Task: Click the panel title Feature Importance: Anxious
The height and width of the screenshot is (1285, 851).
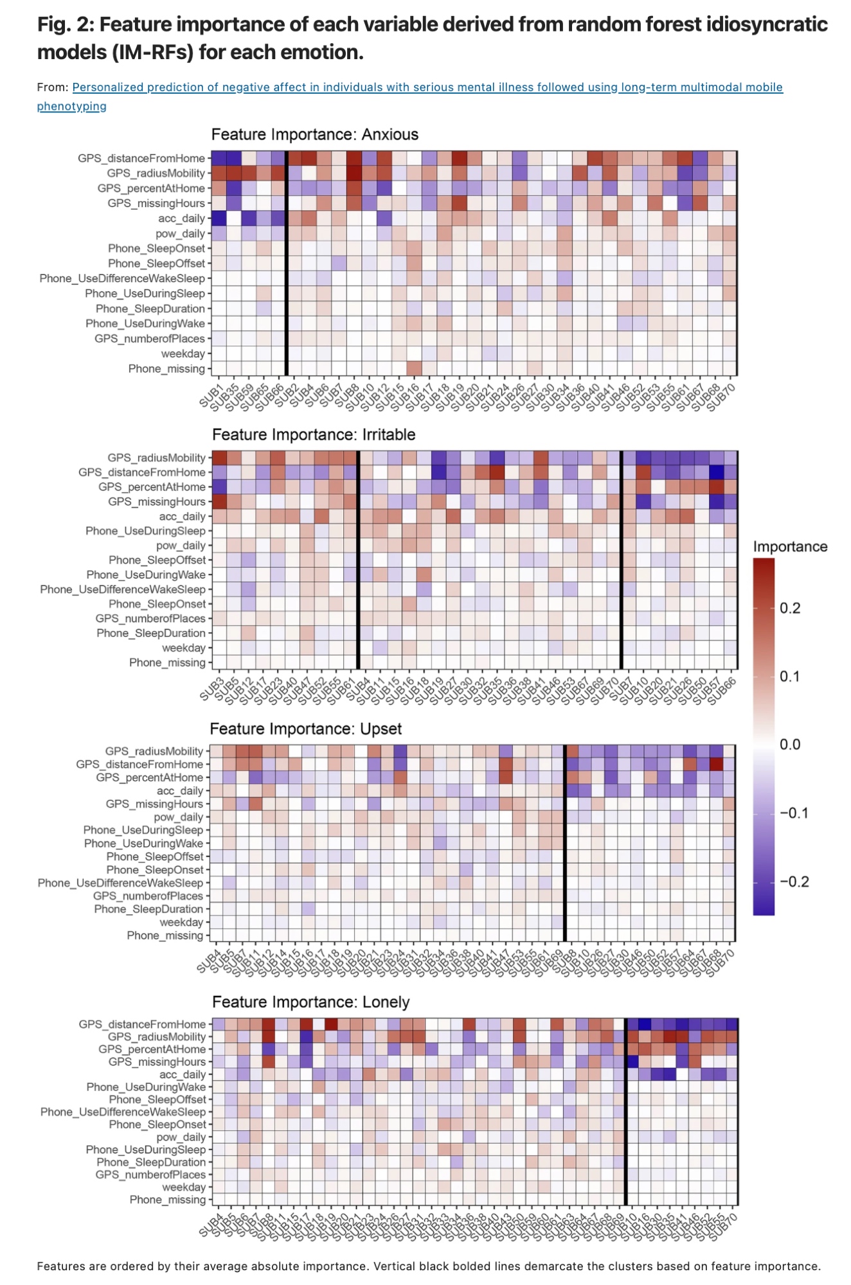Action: [x=314, y=134]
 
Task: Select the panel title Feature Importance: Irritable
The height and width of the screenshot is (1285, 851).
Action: [x=314, y=434]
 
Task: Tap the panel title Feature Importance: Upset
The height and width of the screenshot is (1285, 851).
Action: [x=305, y=729]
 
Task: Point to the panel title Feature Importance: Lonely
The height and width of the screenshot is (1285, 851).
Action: [x=310, y=1002]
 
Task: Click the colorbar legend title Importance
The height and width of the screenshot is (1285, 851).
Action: [x=790, y=547]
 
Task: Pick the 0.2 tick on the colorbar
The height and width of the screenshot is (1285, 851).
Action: [x=790, y=608]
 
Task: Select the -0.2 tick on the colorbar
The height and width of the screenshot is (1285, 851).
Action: [x=794, y=882]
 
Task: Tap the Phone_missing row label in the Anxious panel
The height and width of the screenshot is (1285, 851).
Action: [x=166, y=369]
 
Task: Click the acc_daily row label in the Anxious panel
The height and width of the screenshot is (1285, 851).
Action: [x=181, y=218]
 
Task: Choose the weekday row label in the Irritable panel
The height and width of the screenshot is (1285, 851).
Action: [x=184, y=648]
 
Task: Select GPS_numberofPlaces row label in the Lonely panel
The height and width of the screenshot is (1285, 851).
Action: [x=150, y=1174]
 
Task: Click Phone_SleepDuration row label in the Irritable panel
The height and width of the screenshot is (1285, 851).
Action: [x=151, y=633]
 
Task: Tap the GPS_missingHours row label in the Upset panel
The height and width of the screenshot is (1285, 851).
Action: [x=154, y=804]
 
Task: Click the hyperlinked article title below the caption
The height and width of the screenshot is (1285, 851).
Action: [x=427, y=87]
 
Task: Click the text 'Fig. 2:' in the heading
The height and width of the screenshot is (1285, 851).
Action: [x=65, y=24]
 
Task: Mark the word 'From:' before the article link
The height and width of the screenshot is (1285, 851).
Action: [x=53, y=87]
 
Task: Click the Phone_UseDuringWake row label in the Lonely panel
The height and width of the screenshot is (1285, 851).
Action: [x=146, y=1086]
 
